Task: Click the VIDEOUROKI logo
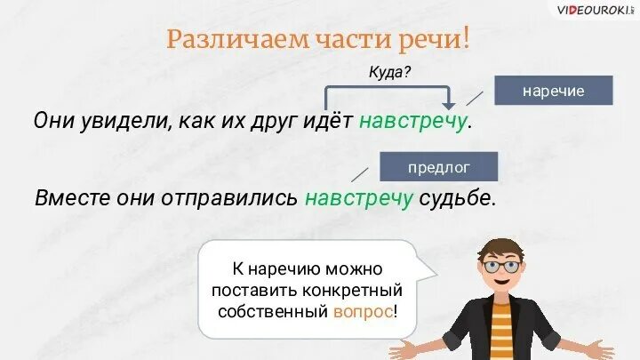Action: pyautogui.click(x=594, y=11)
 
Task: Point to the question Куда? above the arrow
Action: pyautogui.click(x=389, y=72)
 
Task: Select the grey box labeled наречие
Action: pyautogui.click(x=553, y=92)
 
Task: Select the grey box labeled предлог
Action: pyautogui.click(x=438, y=167)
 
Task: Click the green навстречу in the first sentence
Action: pyautogui.click(x=412, y=121)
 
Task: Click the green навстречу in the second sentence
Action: pyautogui.click(x=359, y=197)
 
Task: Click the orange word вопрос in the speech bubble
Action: pyautogui.click(x=362, y=312)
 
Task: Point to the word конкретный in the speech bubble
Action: pyautogui.click(x=353, y=290)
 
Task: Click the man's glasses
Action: pyautogui.click(x=500, y=265)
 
